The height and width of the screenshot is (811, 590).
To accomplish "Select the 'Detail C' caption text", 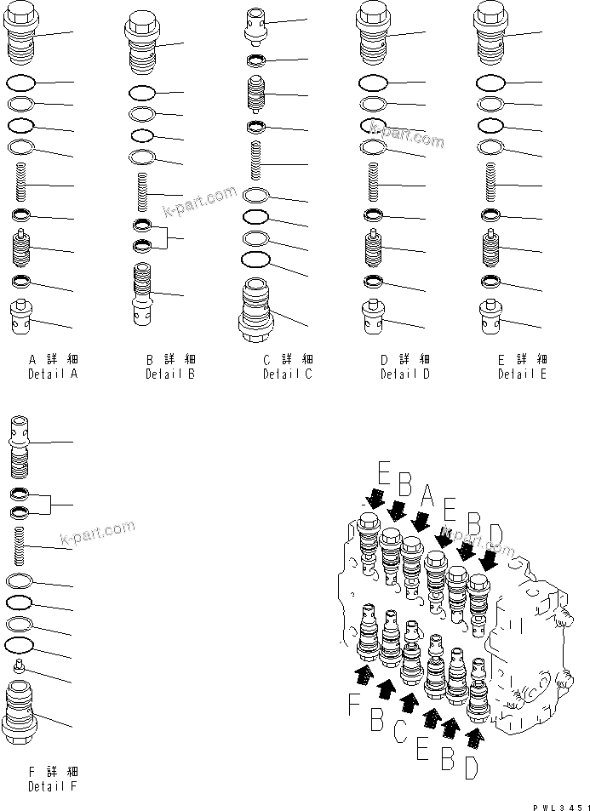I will (287, 374).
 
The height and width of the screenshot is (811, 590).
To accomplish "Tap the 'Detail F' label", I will (52, 785).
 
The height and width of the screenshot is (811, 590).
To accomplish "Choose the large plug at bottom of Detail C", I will (258, 309).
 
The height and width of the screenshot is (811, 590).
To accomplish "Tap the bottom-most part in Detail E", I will (489, 318).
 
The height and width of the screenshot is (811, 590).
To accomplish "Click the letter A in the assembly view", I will (427, 496).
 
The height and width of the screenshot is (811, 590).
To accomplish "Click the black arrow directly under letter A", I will (421, 518).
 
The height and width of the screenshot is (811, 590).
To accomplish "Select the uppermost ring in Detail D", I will (372, 83).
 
